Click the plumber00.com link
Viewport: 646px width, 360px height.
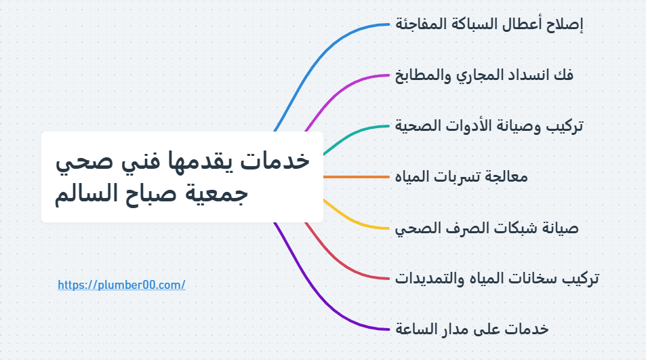pos(121,285)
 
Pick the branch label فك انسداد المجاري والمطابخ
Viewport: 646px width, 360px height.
pos(484,75)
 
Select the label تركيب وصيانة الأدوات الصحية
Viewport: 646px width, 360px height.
pos(489,126)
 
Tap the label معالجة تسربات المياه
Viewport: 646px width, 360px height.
pos(461,177)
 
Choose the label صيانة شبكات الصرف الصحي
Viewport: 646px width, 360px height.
pos(486,228)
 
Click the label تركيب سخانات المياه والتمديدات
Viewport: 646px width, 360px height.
pos(496,279)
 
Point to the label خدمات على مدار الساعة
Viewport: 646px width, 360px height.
pos(471,329)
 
